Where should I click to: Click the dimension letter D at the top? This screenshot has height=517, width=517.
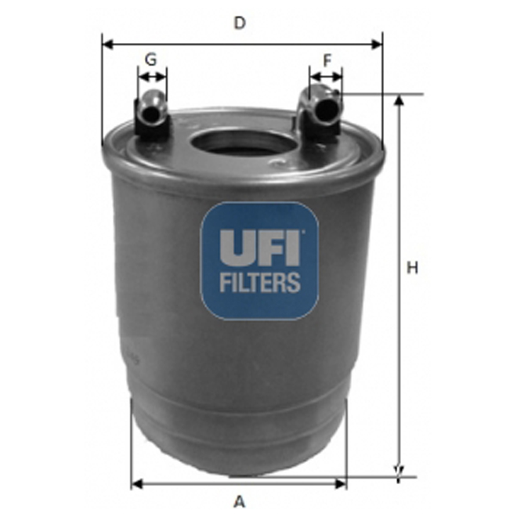(240, 23)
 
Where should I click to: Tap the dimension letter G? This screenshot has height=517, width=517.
(151, 59)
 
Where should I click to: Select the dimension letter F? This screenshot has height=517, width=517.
(327, 59)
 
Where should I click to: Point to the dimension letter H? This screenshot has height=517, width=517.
(412, 268)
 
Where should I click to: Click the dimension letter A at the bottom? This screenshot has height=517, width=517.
(240, 501)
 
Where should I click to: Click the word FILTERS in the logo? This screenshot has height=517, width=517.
(259, 282)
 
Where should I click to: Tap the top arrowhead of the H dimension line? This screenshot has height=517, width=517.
(399, 100)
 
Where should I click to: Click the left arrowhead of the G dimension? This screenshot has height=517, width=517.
(141, 77)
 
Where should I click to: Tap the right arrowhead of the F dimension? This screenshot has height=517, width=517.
(338, 77)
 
